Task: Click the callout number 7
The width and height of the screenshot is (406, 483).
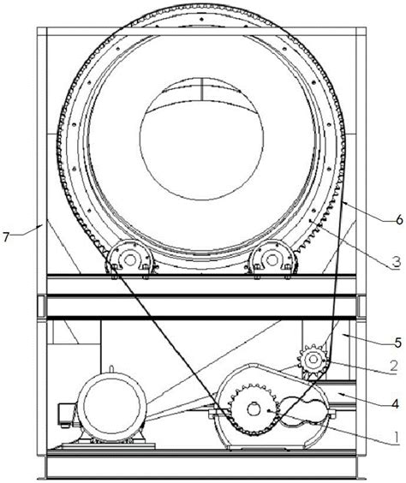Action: (5, 237)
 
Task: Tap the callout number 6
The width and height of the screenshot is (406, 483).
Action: (399, 219)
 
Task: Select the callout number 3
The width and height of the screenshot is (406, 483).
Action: (397, 262)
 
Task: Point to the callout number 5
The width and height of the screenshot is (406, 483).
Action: (398, 342)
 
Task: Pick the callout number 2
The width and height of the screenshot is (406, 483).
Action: (394, 366)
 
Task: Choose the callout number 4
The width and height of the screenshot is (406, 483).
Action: (396, 403)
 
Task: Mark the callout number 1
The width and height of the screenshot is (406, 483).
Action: (397, 437)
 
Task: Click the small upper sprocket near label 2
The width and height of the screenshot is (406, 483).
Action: (313, 359)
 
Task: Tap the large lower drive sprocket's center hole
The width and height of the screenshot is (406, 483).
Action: (254, 409)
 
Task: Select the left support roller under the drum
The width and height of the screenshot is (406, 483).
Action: (129, 259)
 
